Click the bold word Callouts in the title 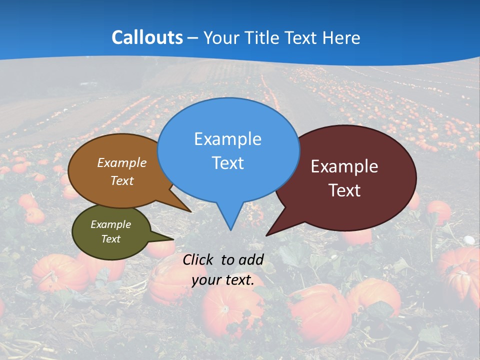click(x=147, y=37)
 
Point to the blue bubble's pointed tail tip click(x=230, y=229)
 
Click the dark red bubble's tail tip click(x=267, y=235)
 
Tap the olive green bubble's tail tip click(x=173, y=239)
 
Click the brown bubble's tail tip click(x=190, y=211)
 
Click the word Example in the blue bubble click(x=227, y=139)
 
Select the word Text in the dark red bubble click(x=344, y=190)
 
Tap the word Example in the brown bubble click(x=122, y=163)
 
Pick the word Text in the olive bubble click(x=111, y=239)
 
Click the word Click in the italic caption click(x=199, y=259)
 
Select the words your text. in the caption click(x=223, y=280)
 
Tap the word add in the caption click(x=251, y=259)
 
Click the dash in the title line click(x=193, y=38)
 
